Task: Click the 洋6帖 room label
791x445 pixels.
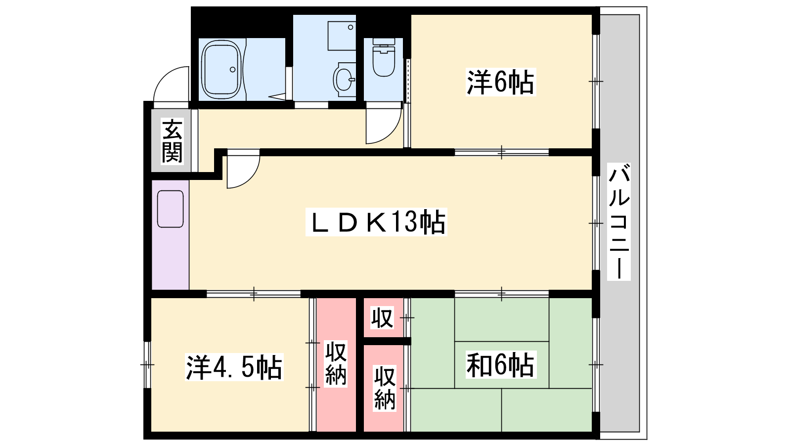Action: (x=500, y=82)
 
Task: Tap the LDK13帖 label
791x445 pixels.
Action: (x=376, y=222)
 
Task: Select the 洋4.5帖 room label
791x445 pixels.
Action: (x=234, y=367)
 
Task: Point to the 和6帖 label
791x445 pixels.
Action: (x=500, y=365)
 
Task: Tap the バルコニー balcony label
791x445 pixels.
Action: (x=618, y=222)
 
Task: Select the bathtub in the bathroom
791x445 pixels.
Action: (x=221, y=70)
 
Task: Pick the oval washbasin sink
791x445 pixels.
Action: (x=344, y=80)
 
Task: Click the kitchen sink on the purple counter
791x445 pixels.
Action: (x=170, y=209)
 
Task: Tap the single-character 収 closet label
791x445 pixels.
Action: (x=382, y=318)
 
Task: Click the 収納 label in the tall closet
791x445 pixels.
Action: (x=336, y=363)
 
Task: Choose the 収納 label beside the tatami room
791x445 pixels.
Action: (x=385, y=388)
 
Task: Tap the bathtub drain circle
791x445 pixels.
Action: (x=233, y=70)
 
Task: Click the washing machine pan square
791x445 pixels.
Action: (x=342, y=36)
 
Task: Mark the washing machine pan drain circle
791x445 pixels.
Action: (x=351, y=27)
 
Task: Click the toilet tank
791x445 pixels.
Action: (x=384, y=42)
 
